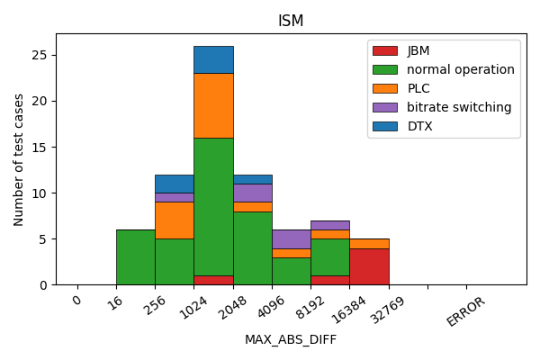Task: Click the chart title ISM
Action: coord(291,21)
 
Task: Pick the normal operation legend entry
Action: coord(460,69)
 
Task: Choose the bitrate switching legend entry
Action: coord(459,107)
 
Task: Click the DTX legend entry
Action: coord(419,126)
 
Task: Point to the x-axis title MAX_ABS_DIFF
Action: coord(291,339)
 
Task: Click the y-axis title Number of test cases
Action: coord(19,159)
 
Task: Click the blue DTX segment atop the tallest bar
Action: coord(213,59)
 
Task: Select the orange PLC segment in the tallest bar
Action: coord(213,105)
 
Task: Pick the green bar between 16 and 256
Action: coord(135,257)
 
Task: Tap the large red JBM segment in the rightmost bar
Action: coord(369,266)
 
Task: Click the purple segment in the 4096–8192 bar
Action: coord(291,238)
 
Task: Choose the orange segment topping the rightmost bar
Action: coord(369,243)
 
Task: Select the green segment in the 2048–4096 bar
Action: coord(252,247)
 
